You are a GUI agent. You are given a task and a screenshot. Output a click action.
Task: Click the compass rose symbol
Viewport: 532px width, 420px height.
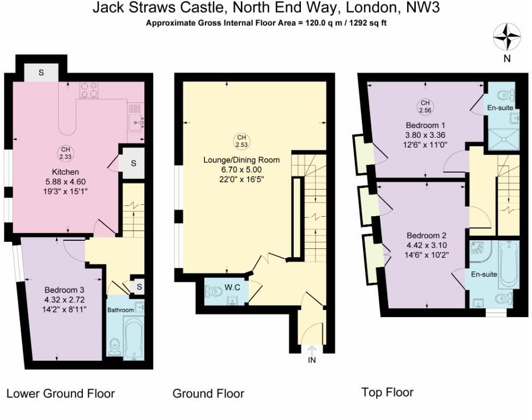click(507, 36)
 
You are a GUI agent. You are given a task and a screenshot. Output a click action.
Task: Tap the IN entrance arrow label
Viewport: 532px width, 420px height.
click(312, 360)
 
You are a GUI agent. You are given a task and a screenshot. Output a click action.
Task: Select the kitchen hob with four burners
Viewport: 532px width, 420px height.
click(89, 90)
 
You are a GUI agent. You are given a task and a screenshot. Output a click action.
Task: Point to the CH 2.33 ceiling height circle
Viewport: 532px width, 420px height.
click(65, 153)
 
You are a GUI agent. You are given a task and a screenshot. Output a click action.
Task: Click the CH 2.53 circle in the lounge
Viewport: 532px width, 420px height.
click(241, 141)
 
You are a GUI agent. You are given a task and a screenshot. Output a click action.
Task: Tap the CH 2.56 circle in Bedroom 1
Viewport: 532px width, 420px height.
click(425, 106)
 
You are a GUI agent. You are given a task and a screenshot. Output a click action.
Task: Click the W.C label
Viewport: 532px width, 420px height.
click(232, 288)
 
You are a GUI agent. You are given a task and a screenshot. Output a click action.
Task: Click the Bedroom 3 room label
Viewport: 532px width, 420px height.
click(64, 290)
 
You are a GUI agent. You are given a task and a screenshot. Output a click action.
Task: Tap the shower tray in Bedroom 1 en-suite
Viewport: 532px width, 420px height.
click(504, 139)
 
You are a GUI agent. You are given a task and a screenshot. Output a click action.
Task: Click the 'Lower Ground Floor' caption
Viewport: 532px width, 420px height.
click(61, 393)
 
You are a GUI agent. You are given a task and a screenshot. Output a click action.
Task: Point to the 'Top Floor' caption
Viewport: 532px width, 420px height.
click(387, 392)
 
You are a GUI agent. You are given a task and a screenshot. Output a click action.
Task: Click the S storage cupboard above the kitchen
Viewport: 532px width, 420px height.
click(41, 72)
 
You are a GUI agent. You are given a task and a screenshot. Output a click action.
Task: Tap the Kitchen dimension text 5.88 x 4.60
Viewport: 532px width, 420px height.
click(65, 182)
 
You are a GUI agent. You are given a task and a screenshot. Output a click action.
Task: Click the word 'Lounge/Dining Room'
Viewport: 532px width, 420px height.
click(241, 160)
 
